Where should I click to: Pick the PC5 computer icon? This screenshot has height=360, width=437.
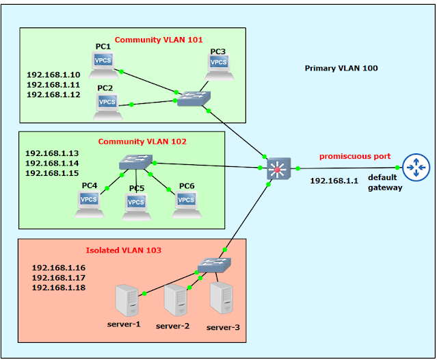(136, 205)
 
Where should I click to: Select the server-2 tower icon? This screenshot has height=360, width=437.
(175, 300)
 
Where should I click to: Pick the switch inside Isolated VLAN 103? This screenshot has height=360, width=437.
(215, 264)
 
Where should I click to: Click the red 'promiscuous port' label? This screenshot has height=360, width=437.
(354, 157)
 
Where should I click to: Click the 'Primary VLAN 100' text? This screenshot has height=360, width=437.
(341, 68)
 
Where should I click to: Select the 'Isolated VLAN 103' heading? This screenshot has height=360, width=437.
(124, 250)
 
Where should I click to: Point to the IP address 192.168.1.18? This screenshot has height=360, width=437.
(59, 288)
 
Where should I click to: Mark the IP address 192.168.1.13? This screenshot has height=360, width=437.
(53, 153)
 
